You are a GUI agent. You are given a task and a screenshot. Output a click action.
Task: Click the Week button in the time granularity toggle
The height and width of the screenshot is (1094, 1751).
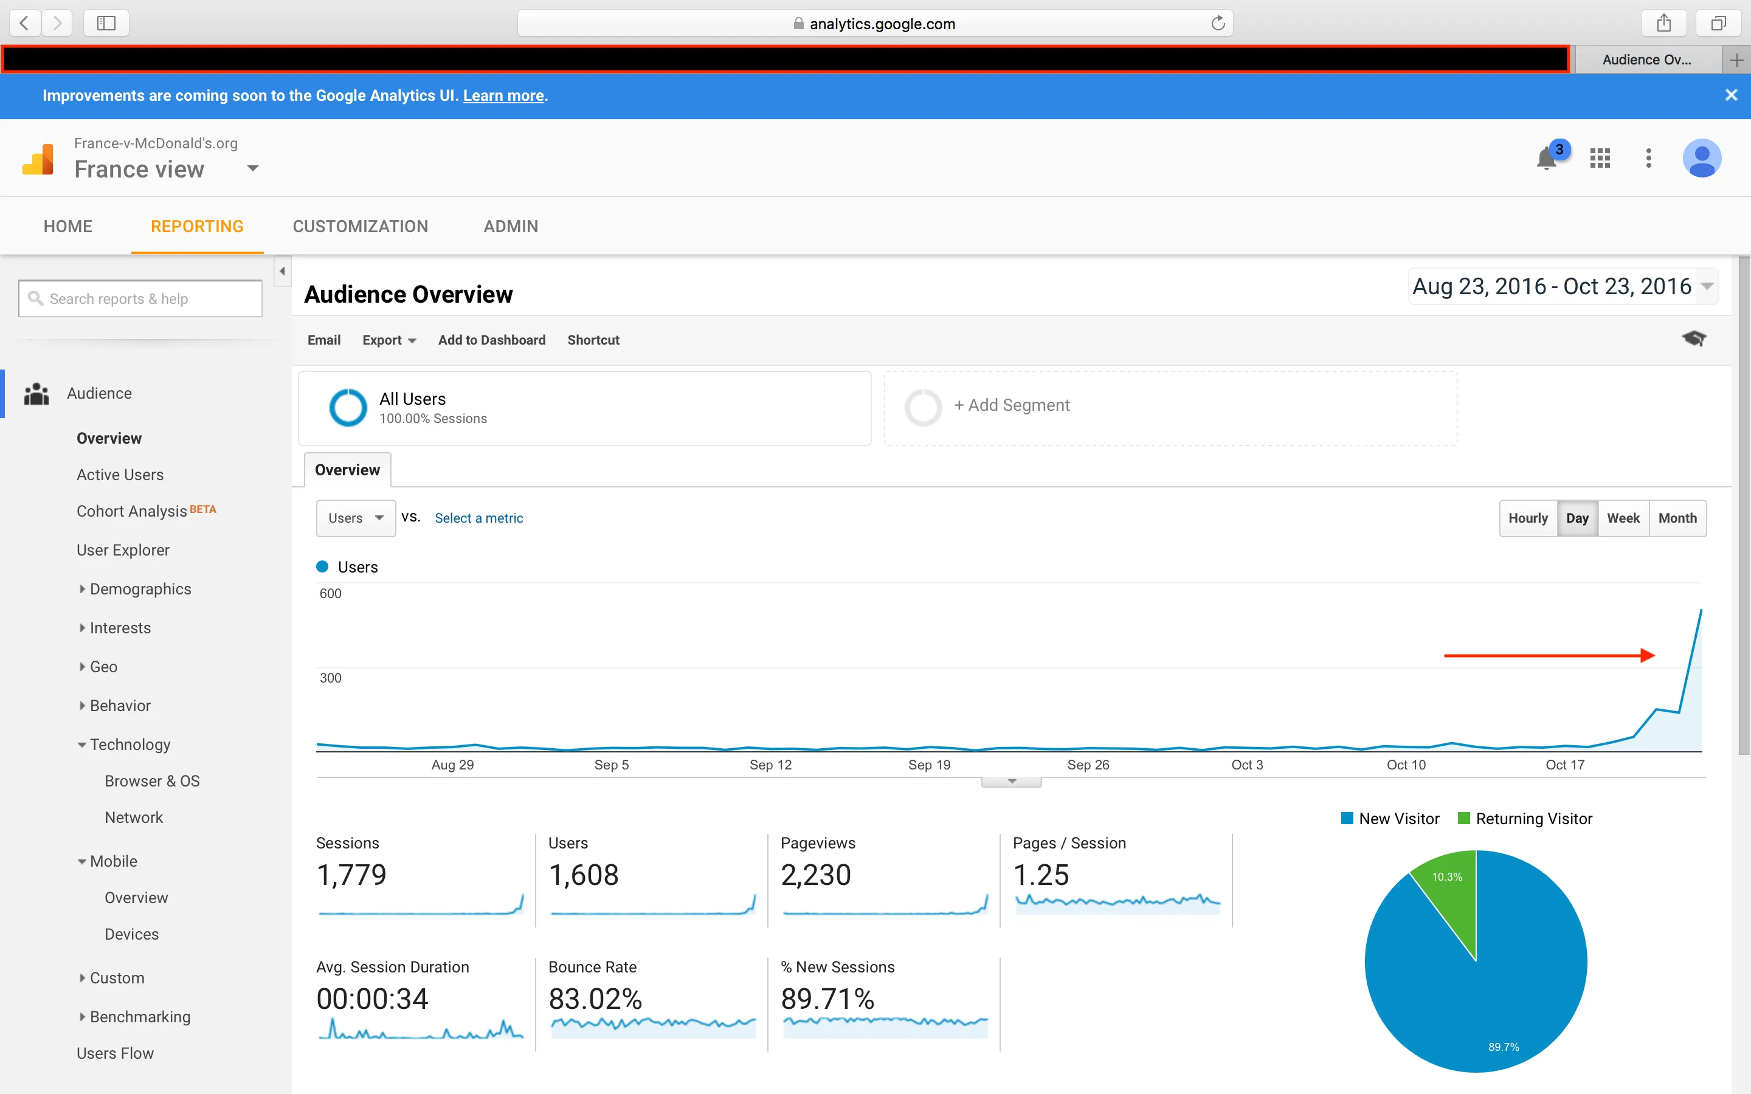(x=1623, y=518)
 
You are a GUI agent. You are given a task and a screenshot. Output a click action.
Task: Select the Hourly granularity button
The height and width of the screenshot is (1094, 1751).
(x=1527, y=518)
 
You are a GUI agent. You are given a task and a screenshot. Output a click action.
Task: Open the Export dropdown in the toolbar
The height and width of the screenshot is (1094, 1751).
(x=389, y=340)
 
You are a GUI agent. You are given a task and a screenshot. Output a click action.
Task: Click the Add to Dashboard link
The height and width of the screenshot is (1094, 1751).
(x=491, y=340)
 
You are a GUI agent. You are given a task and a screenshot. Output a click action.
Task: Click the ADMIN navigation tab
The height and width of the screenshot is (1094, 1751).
(x=510, y=227)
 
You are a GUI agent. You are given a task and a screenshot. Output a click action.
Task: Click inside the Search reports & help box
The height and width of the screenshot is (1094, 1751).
(x=141, y=299)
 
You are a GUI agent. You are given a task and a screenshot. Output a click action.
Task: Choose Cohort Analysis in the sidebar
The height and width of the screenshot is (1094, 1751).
(x=132, y=512)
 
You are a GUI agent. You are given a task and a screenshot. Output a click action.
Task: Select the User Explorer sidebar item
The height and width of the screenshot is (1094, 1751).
(x=123, y=550)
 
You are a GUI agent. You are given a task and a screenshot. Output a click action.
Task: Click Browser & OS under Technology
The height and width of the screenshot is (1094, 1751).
(x=152, y=782)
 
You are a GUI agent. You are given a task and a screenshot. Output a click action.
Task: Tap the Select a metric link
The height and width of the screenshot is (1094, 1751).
(x=478, y=518)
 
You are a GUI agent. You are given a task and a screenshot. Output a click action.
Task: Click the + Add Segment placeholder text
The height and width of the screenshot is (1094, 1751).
(x=1012, y=405)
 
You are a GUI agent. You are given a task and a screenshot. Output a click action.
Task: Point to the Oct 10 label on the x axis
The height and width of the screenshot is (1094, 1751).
(x=1405, y=765)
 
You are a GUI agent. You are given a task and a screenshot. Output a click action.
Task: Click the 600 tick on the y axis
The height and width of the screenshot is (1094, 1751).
(x=331, y=593)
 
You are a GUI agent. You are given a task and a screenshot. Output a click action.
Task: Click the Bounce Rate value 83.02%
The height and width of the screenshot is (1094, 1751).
(x=595, y=999)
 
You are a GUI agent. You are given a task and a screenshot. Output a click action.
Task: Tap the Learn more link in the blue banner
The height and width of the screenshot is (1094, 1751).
(x=503, y=95)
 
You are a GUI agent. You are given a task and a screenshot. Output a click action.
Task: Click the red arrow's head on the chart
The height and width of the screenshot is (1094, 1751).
(x=1648, y=656)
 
